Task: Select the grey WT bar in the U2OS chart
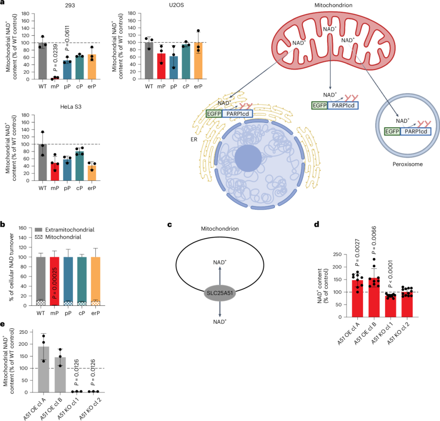point(149,61)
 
